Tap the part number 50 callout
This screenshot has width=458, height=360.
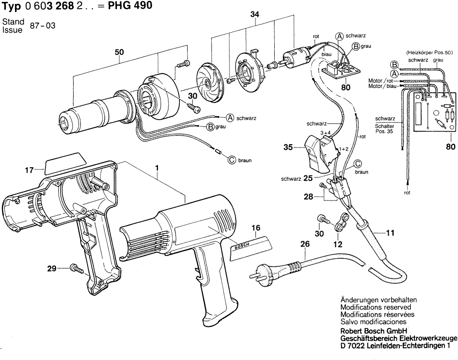(x=118, y=52)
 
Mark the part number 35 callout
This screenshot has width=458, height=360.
(x=288, y=148)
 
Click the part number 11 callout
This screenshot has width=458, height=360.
(x=390, y=234)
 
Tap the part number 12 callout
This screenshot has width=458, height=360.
(x=338, y=244)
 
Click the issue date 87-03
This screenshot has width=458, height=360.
(x=42, y=26)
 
